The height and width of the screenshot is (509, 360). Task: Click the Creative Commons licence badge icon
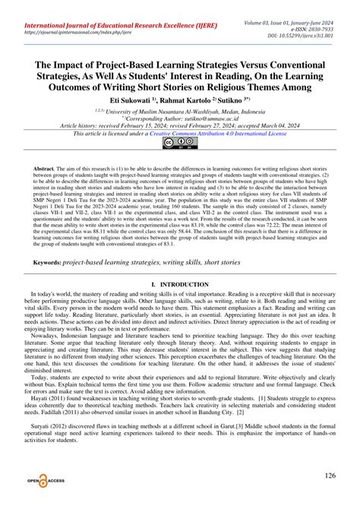coord(180,142)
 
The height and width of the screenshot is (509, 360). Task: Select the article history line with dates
coord(180,125)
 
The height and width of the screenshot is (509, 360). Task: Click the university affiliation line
coord(180,110)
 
